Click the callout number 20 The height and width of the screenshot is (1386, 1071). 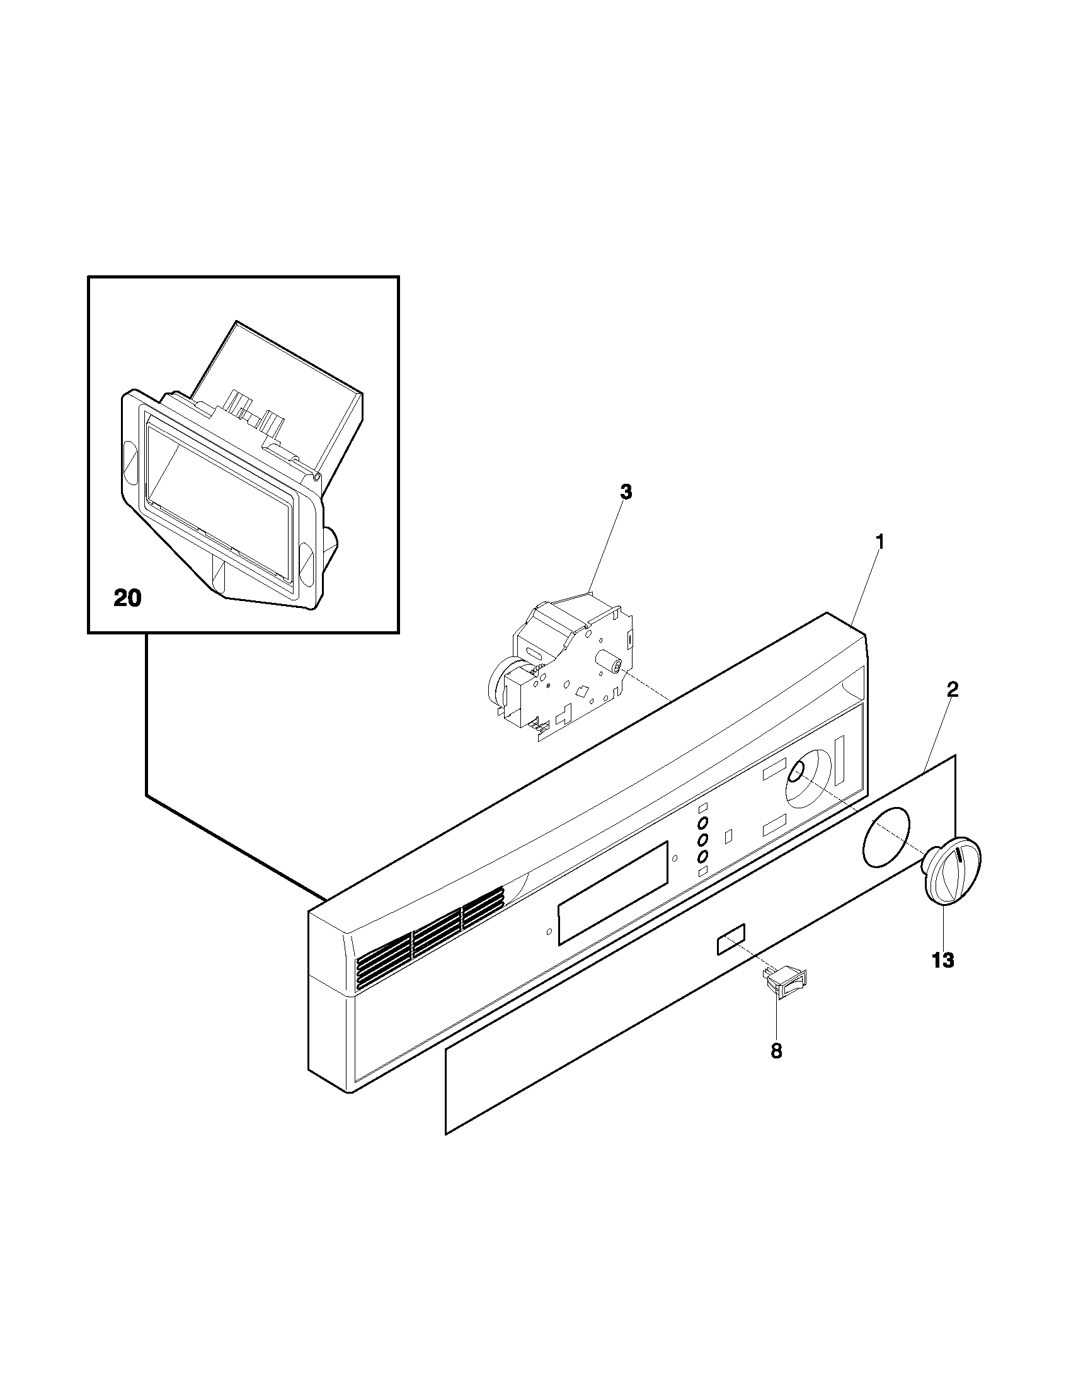coord(127,598)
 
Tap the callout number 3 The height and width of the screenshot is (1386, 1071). coord(626,492)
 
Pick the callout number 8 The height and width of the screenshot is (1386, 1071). coord(776,1051)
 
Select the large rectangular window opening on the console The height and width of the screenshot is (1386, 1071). coord(613,893)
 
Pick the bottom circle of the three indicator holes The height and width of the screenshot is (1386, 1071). coord(703,857)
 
